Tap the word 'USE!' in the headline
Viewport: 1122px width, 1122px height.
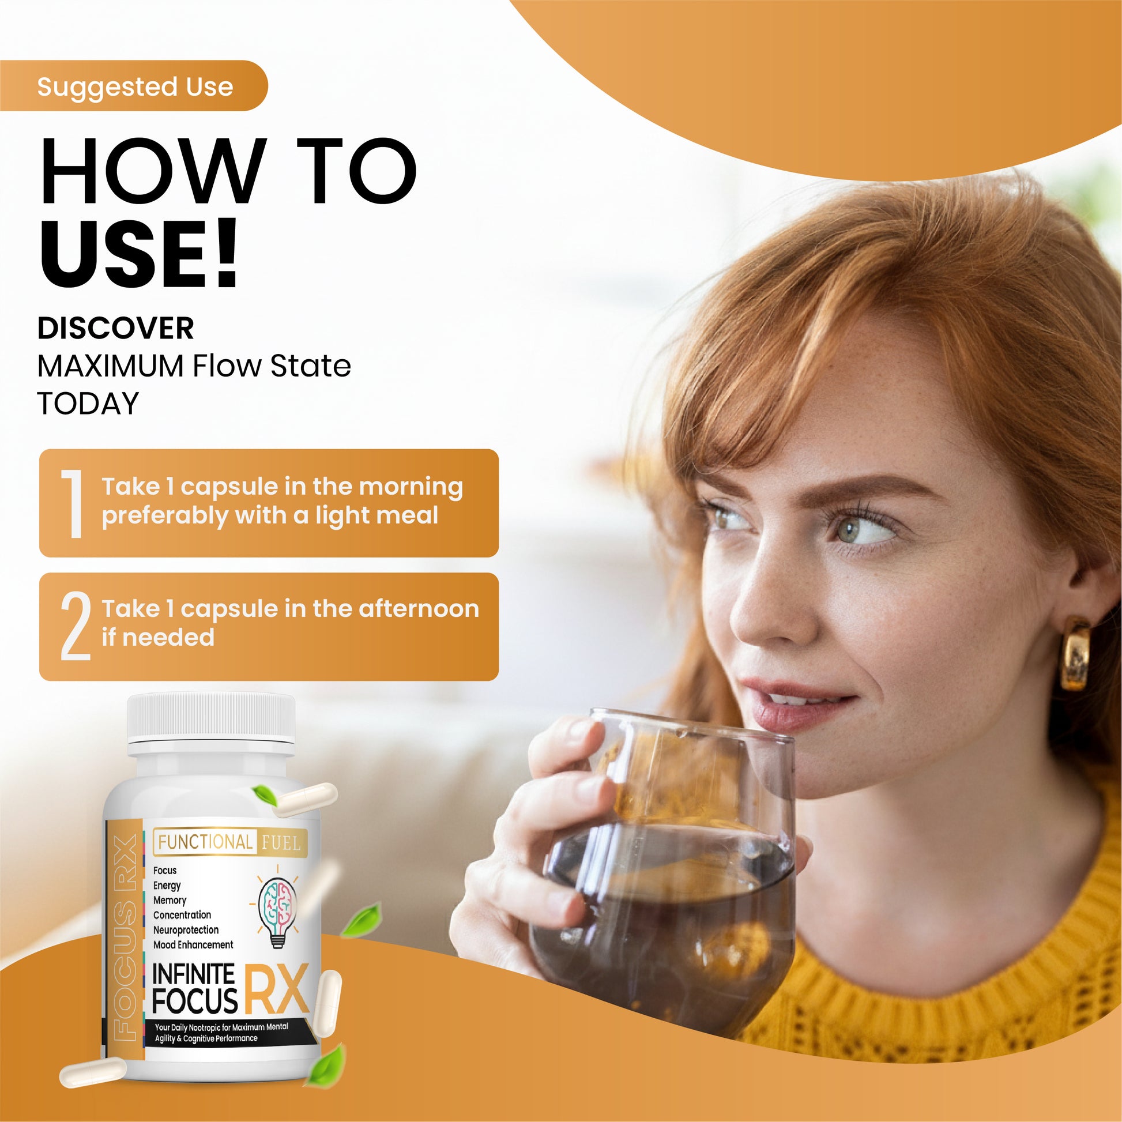click(140, 253)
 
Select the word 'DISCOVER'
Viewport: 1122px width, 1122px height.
click(115, 328)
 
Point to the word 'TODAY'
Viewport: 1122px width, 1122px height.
click(88, 403)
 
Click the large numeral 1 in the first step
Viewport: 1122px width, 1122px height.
click(74, 503)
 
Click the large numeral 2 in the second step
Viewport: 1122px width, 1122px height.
click(76, 626)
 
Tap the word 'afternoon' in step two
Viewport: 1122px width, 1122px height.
click(419, 608)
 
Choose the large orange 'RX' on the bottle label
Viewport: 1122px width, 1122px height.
click(276, 988)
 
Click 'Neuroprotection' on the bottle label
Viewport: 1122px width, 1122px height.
click(186, 930)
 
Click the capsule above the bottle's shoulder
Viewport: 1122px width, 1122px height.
click(301, 800)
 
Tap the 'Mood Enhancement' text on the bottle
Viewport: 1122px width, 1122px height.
click(193, 945)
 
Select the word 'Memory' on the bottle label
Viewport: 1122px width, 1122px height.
click(170, 901)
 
